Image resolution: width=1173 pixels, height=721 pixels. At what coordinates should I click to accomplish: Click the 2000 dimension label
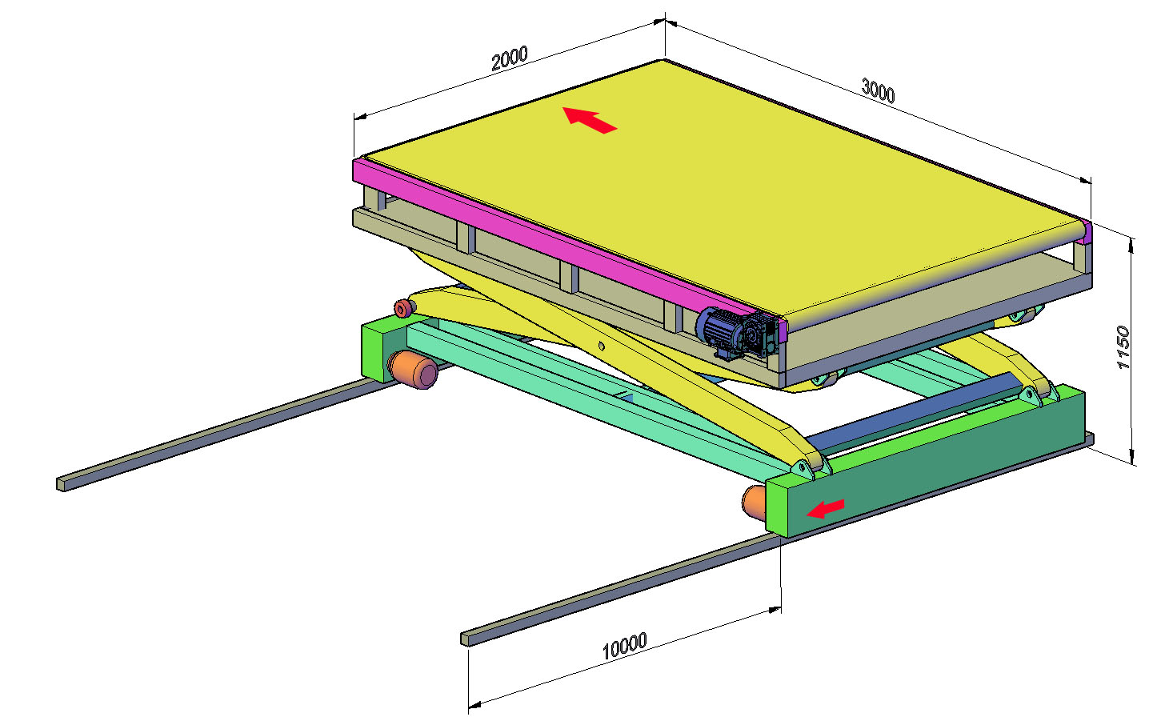(509, 58)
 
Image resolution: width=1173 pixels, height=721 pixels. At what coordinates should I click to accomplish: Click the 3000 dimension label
(879, 90)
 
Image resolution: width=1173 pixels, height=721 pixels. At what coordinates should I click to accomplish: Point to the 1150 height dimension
(1123, 347)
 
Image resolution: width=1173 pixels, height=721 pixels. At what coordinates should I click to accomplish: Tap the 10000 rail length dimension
(624, 646)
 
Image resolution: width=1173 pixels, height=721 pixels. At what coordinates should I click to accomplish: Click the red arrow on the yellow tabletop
(590, 120)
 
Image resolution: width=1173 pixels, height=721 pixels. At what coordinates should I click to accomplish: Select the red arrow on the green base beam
(825, 508)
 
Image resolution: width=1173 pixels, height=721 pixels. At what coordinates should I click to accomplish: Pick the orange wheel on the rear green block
(413, 369)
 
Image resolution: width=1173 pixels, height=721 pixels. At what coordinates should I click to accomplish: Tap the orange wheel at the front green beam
(754, 502)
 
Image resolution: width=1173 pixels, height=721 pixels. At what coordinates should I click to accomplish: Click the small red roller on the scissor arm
(402, 308)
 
